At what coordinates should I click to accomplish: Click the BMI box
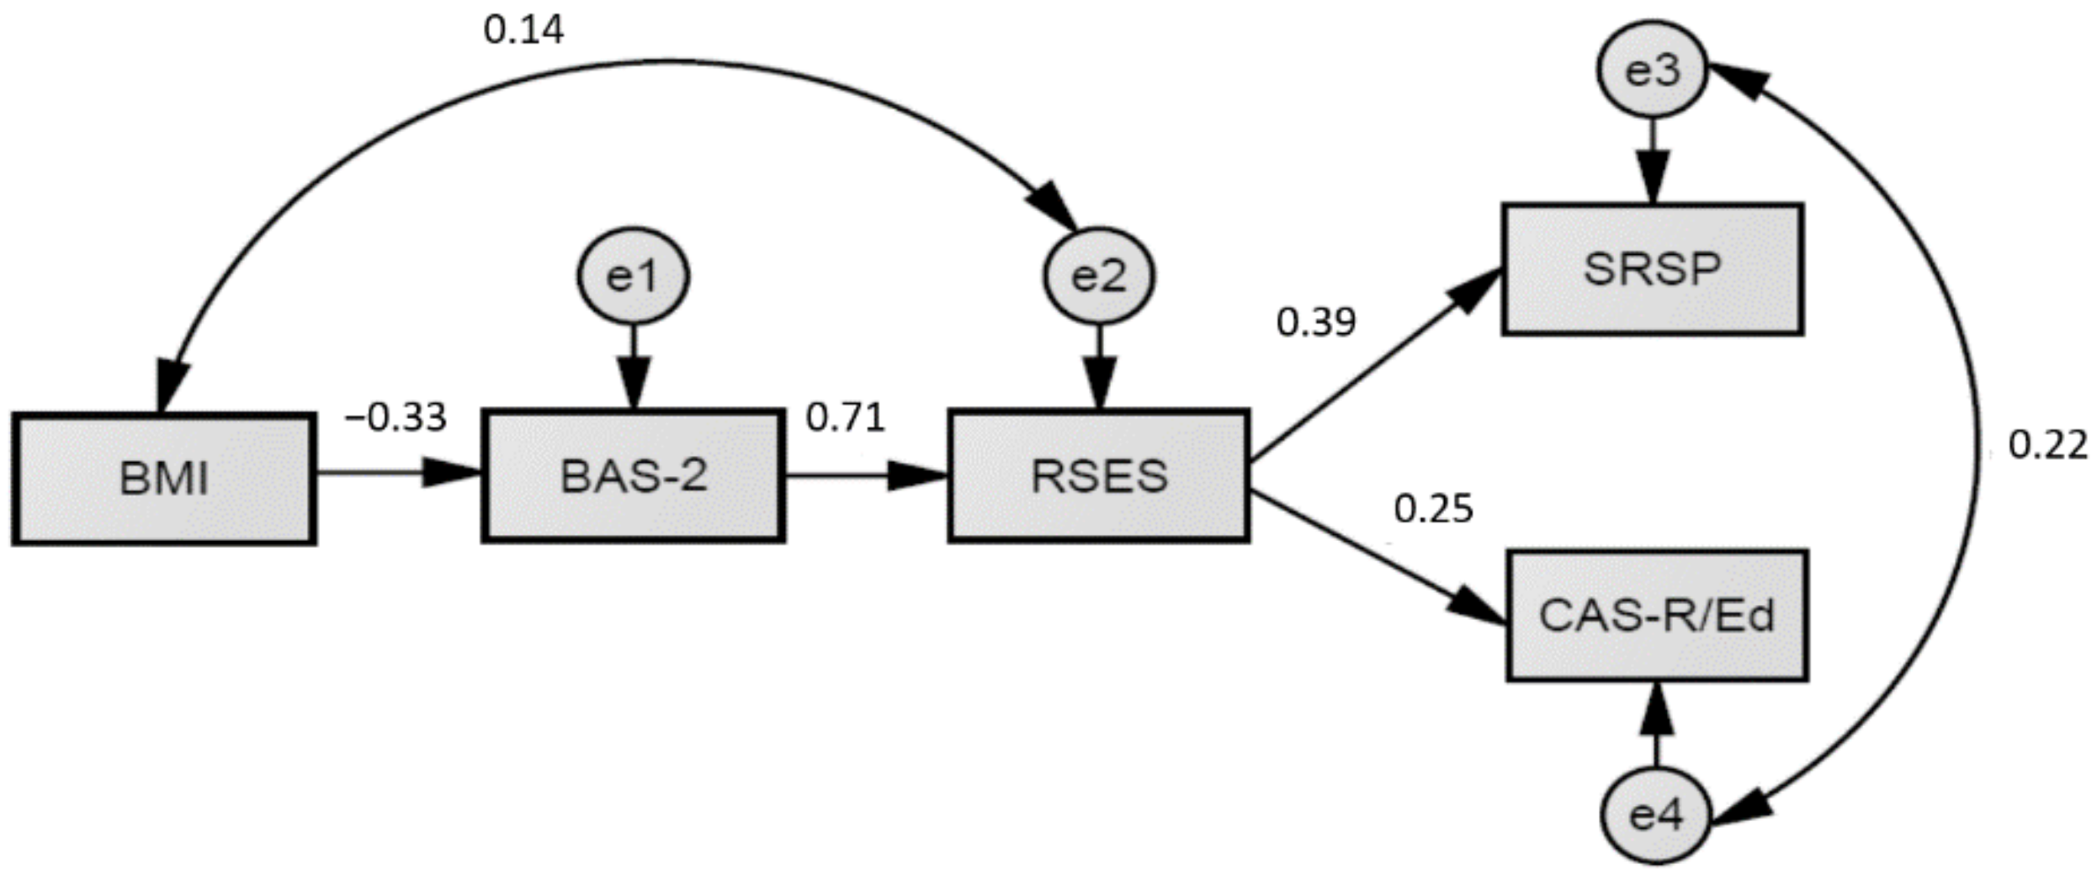[x=164, y=480]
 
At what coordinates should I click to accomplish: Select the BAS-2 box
[x=633, y=476]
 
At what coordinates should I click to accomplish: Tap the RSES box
[x=1098, y=476]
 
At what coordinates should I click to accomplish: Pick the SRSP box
[x=1652, y=269]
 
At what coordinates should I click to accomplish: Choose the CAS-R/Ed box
[x=1656, y=616]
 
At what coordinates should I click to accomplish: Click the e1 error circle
[x=633, y=276]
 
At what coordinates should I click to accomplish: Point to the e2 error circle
[x=1098, y=276]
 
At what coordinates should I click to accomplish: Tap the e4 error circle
[x=1655, y=816]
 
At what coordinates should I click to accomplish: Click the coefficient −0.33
[x=396, y=417]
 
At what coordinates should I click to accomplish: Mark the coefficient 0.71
[x=846, y=417]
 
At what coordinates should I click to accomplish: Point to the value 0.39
[x=1316, y=322]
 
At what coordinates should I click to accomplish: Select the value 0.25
[x=1433, y=509]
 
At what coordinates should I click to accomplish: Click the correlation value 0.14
[x=523, y=31]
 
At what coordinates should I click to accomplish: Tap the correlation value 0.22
[x=2047, y=445]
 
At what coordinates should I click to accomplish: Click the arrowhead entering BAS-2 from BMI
[x=450, y=473]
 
